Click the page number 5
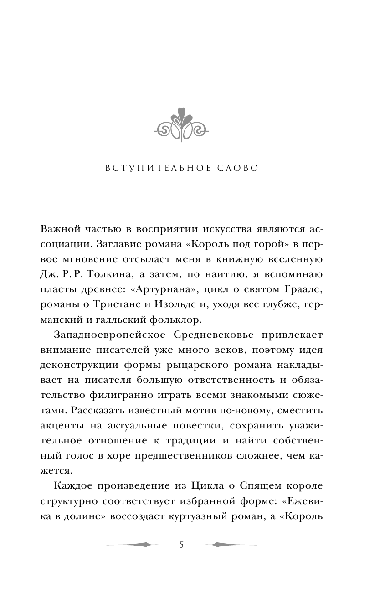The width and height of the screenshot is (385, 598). [181, 546]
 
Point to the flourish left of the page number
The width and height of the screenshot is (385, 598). [133, 545]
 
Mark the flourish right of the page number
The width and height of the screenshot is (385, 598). [230, 545]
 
